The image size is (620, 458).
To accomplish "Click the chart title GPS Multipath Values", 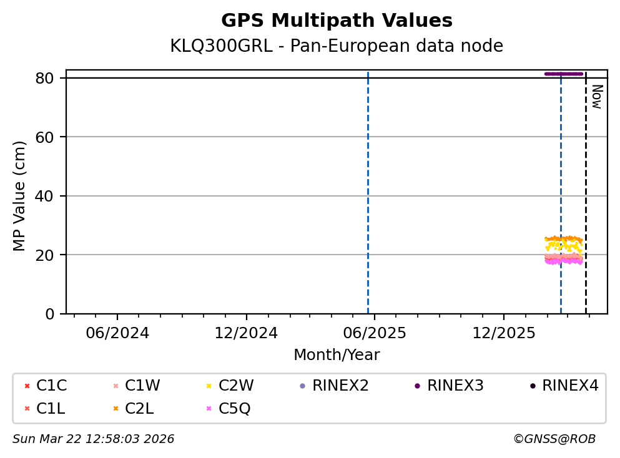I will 337,21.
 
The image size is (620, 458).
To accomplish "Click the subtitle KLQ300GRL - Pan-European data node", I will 337,46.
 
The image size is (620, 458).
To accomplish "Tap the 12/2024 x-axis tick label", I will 246,333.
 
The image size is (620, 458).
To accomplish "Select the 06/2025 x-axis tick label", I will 375,333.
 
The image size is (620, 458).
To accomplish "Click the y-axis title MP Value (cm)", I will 20,196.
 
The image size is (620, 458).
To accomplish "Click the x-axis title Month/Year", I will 337,355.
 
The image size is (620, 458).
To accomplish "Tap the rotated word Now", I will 596,97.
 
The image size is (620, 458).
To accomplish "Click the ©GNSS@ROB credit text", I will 554,439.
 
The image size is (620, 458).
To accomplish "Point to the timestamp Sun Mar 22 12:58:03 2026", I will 94,439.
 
